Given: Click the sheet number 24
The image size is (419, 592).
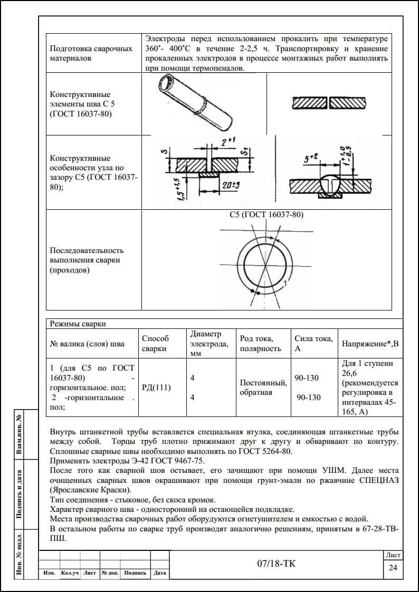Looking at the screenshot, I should tap(393, 568).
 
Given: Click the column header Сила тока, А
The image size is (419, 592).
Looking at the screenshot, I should tap(313, 344).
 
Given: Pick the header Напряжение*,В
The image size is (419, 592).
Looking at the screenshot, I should tap(370, 344).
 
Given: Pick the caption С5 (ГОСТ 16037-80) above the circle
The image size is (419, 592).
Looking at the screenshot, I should tap(266, 215).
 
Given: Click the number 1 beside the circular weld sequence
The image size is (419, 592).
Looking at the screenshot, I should tap(285, 284).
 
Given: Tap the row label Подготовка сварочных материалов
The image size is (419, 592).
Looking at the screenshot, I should tap(91, 53).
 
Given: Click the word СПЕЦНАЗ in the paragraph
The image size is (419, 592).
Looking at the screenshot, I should tap(374, 480).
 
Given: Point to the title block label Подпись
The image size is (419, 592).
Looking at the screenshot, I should tap(136, 573).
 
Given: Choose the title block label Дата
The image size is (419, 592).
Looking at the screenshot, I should tap(160, 573).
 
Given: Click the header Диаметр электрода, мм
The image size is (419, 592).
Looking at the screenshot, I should tap(209, 344).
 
